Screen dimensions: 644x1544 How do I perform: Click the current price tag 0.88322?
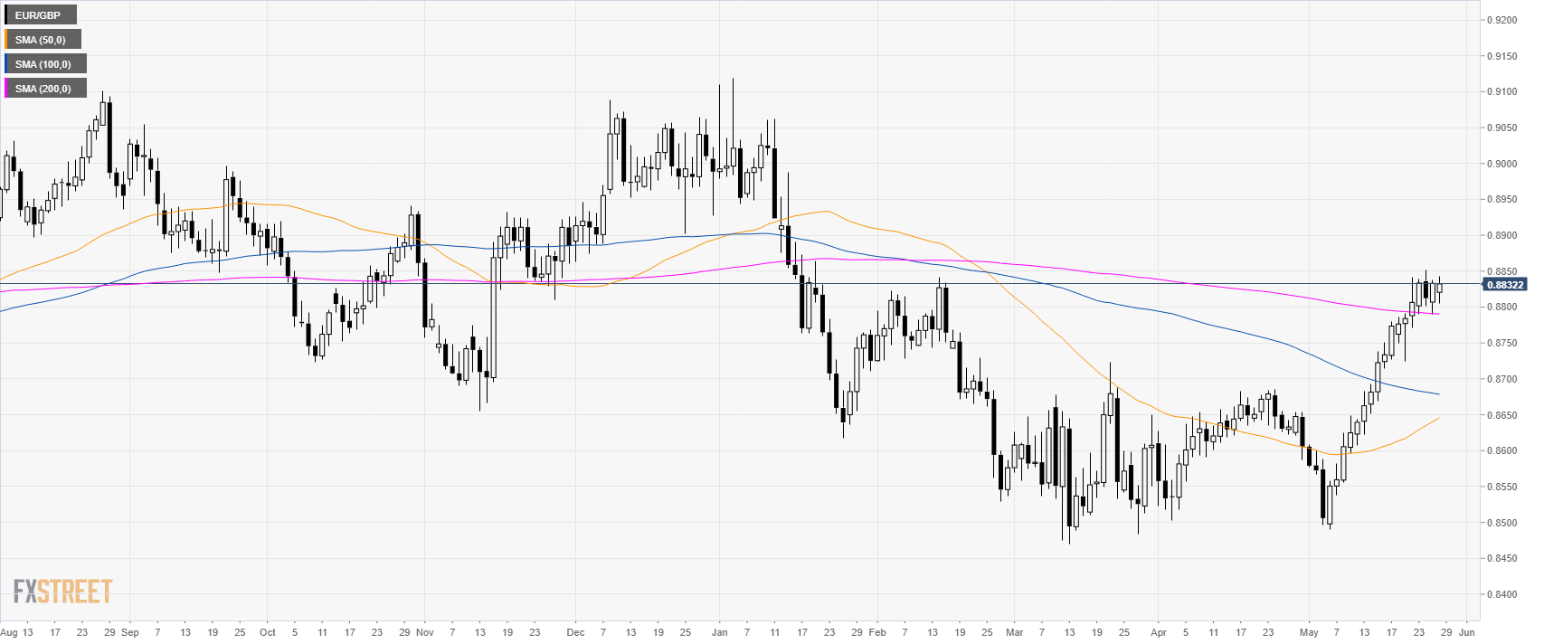1503,284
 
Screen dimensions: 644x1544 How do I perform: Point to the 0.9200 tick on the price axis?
1502,20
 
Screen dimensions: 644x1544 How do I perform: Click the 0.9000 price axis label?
1502,164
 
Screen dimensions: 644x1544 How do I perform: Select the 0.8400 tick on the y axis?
1502,594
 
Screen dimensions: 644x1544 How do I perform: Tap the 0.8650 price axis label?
1502,415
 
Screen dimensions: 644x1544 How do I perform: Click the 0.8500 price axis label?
1502,523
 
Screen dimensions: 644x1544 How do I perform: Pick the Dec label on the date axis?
575,632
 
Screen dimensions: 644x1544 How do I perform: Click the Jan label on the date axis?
719,632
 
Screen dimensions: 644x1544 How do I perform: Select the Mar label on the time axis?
1015,632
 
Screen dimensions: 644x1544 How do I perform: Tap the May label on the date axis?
1309,632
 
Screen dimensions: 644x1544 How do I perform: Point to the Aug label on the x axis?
8,632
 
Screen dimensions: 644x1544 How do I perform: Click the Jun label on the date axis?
1467,632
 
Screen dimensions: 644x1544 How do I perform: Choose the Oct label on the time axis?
268,632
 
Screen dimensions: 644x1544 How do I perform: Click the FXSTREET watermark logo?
62,592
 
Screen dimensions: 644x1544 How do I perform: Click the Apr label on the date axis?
1159,632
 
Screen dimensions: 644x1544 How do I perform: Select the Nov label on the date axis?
425,632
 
